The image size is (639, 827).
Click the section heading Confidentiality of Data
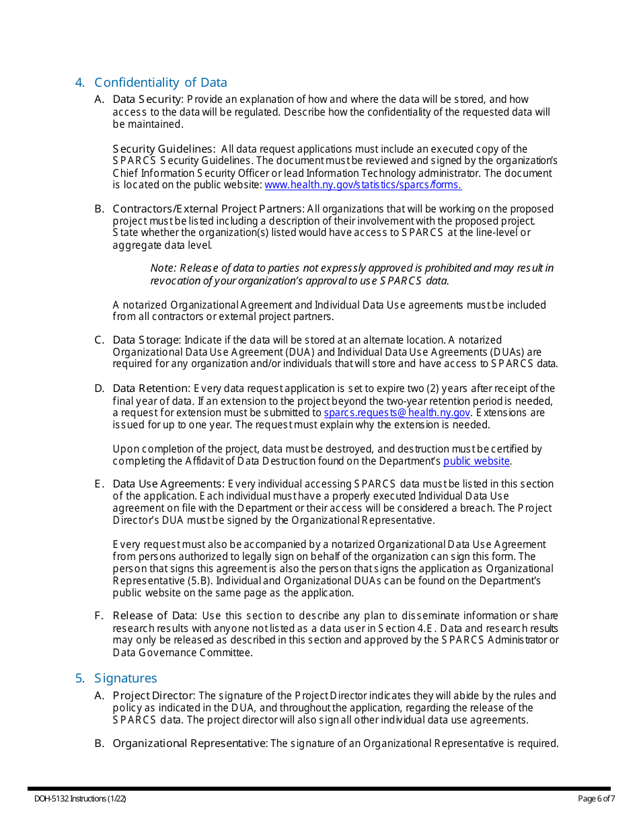[x=160, y=83]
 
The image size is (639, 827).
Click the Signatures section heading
[x=125, y=678]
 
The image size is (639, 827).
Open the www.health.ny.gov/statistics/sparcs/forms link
[x=363, y=185]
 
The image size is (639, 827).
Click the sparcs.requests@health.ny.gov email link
[x=397, y=413]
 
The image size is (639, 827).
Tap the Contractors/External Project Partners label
[x=208, y=208]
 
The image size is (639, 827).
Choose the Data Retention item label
[x=151, y=389]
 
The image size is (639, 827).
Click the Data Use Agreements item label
[x=168, y=484]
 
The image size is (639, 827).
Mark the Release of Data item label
[x=154, y=616]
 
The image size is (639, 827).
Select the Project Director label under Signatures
[x=153, y=696]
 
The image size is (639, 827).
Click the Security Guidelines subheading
[x=163, y=149]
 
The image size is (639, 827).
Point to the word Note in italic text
[x=162, y=268]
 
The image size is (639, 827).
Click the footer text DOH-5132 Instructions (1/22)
[x=81, y=799]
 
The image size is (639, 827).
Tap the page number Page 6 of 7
[x=596, y=799]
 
